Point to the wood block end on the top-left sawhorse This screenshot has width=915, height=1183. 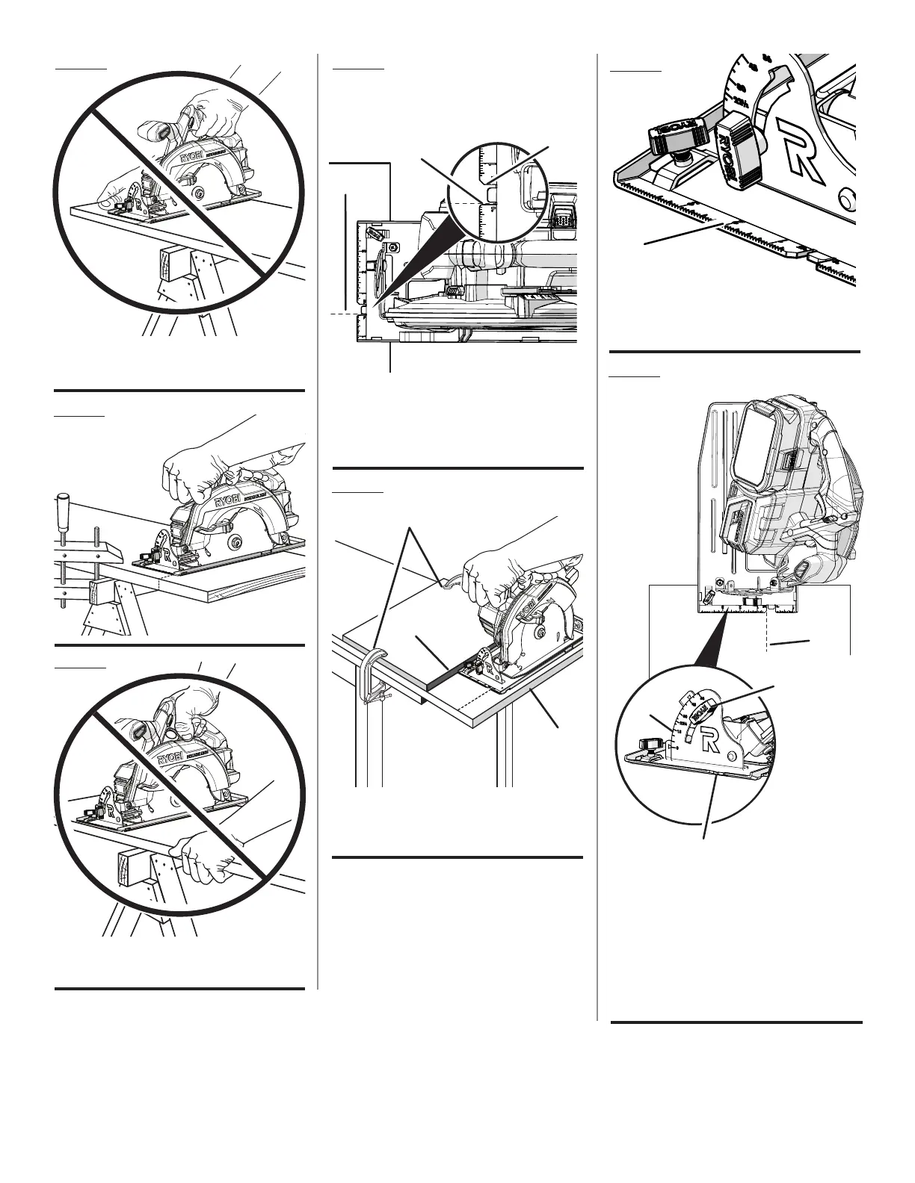coord(170,265)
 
